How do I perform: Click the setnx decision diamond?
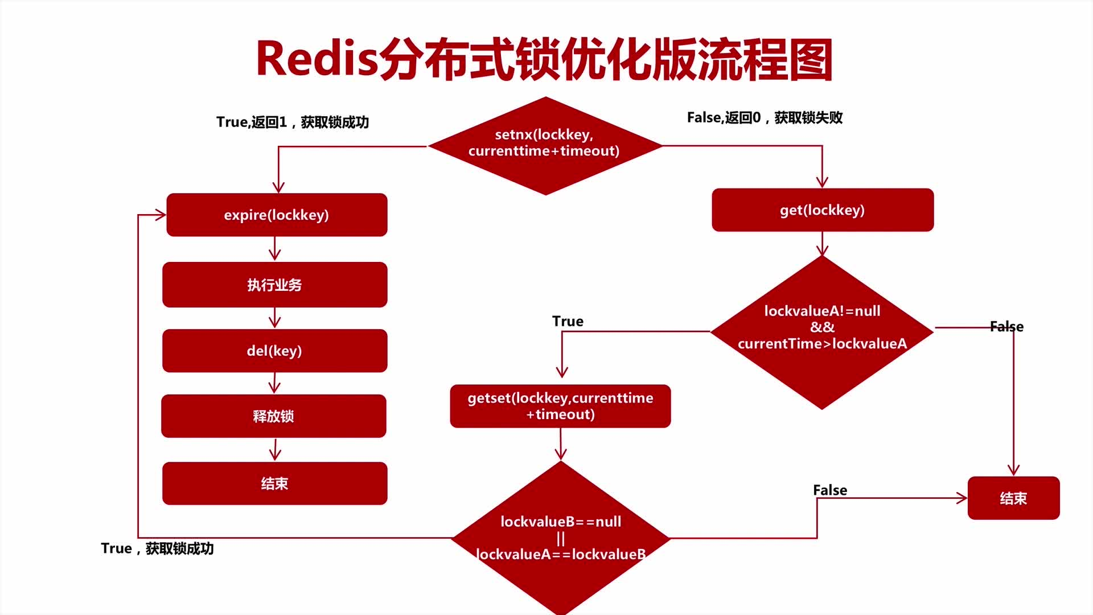click(x=545, y=145)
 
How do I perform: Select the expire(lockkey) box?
click(x=277, y=215)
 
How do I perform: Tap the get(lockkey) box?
click(x=822, y=210)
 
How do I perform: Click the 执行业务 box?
click(x=274, y=285)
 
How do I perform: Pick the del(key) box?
click(x=274, y=351)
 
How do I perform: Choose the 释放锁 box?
click(x=274, y=416)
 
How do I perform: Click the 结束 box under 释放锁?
click(x=274, y=483)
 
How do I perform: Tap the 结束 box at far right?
click(x=1013, y=498)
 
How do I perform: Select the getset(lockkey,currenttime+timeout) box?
click(x=560, y=406)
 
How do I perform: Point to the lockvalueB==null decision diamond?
click(x=561, y=537)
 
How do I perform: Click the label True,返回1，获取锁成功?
click(x=293, y=122)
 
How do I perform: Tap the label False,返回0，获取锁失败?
click(x=765, y=118)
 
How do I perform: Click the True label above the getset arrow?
click(x=568, y=321)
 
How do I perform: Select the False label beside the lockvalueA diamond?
click(x=1006, y=327)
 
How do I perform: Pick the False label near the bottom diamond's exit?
click(x=829, y=490)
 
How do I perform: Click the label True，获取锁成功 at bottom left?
click(x=157, y=548)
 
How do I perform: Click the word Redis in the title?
click(x=317, y=59)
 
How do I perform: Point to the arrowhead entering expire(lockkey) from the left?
click(x=160, y=215)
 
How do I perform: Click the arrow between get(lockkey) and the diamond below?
click(x=822, y=244)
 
